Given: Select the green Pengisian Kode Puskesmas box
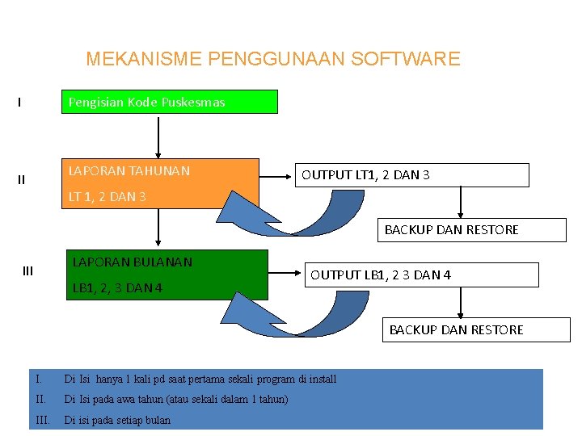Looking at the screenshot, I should [x=170, y=102].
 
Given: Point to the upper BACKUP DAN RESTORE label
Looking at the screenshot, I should [x=451, y=230].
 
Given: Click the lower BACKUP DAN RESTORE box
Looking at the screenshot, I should [x=456, y=329].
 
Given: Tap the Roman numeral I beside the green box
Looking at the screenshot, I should [x=19, y=103].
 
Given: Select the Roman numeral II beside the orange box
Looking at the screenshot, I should [x=21, y=179].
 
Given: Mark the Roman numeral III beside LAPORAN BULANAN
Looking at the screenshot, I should [x=27, y=271].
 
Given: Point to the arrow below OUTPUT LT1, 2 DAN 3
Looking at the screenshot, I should [x=461, y=202].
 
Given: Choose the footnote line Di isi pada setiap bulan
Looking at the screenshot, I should [x=117, y=420].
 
